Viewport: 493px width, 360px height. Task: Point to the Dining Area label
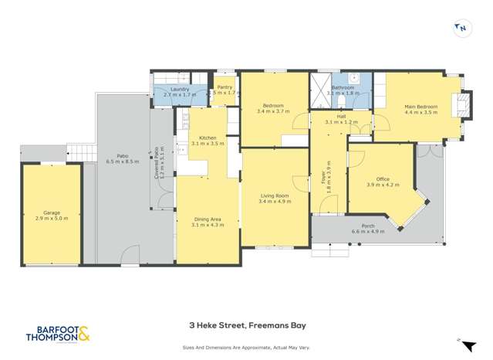[x=207, y=219]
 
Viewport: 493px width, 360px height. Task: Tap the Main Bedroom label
[x=420, y=106]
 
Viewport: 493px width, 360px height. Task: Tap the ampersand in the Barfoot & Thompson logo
[x=83, y=335]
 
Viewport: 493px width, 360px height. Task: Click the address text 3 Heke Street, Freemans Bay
[x=246, y=326]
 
